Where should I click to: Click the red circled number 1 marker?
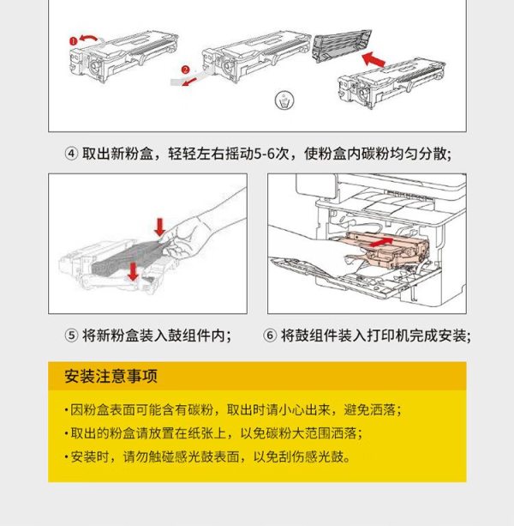coord(74,41)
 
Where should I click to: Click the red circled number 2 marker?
coord(186,70)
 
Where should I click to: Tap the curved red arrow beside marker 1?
coord(89,38)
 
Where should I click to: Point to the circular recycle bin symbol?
coord(284,100)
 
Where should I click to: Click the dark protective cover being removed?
coord(341,45)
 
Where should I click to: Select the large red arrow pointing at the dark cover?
coord(374,59)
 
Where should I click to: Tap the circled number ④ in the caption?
coord(71,154)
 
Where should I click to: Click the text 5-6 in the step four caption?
coord(265,154)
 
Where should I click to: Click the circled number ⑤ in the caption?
coord(71,336)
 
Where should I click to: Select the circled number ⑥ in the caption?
coord(270,336)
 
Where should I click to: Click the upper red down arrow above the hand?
coord(159,227)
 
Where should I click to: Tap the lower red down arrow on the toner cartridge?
coord(134,272)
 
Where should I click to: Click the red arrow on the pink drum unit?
coord(380,242)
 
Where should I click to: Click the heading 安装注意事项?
coord(111,376)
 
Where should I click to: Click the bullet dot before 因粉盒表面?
coord(67,410)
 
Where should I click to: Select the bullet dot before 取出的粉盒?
coord(67,433)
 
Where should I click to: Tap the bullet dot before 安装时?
coord(67,456)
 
